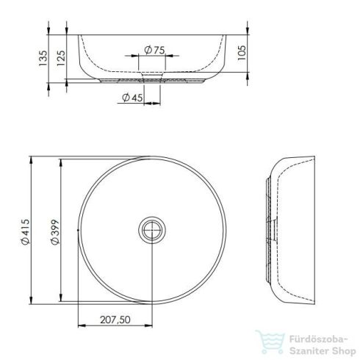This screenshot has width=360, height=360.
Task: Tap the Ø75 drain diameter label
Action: tap(154, 49)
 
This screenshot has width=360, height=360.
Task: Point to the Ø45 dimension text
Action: tap(132, 98)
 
